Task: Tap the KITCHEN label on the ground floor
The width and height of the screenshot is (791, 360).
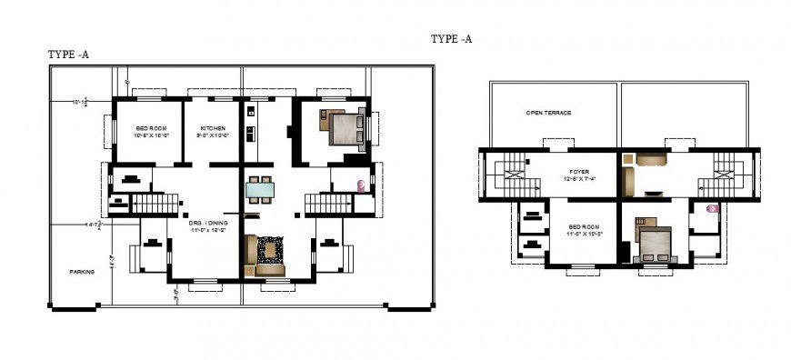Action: coord(213,127)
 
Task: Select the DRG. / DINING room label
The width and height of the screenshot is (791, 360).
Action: coord(208,222)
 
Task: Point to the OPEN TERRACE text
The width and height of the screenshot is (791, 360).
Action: coord(548,113)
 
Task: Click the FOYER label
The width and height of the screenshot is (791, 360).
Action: coord(579,170)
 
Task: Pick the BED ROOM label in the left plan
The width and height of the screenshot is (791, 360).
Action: coord(151,127)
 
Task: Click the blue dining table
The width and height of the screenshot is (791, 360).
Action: coord(260,190)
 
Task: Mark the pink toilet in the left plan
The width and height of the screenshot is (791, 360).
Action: coord(363,186)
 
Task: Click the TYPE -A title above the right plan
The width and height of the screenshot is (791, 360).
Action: coord(451,39)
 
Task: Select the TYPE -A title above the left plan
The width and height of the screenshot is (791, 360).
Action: coord(68,55)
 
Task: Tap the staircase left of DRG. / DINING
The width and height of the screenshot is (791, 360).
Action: coord(154,203)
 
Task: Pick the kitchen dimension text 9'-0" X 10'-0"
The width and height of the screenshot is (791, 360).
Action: coord(213,135)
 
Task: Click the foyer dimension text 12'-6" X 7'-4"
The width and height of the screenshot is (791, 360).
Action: coord(579,178)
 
